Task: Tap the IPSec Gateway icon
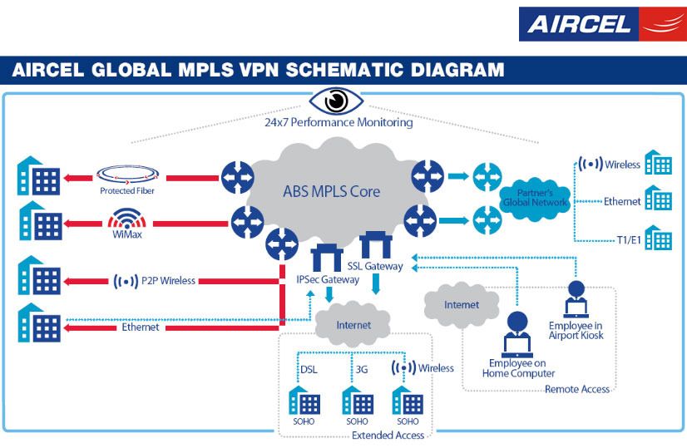(328, 257)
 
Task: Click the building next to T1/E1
(659, 239)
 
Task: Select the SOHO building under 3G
(357, 402)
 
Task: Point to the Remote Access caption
(577, 389)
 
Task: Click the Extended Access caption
(388, 436)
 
